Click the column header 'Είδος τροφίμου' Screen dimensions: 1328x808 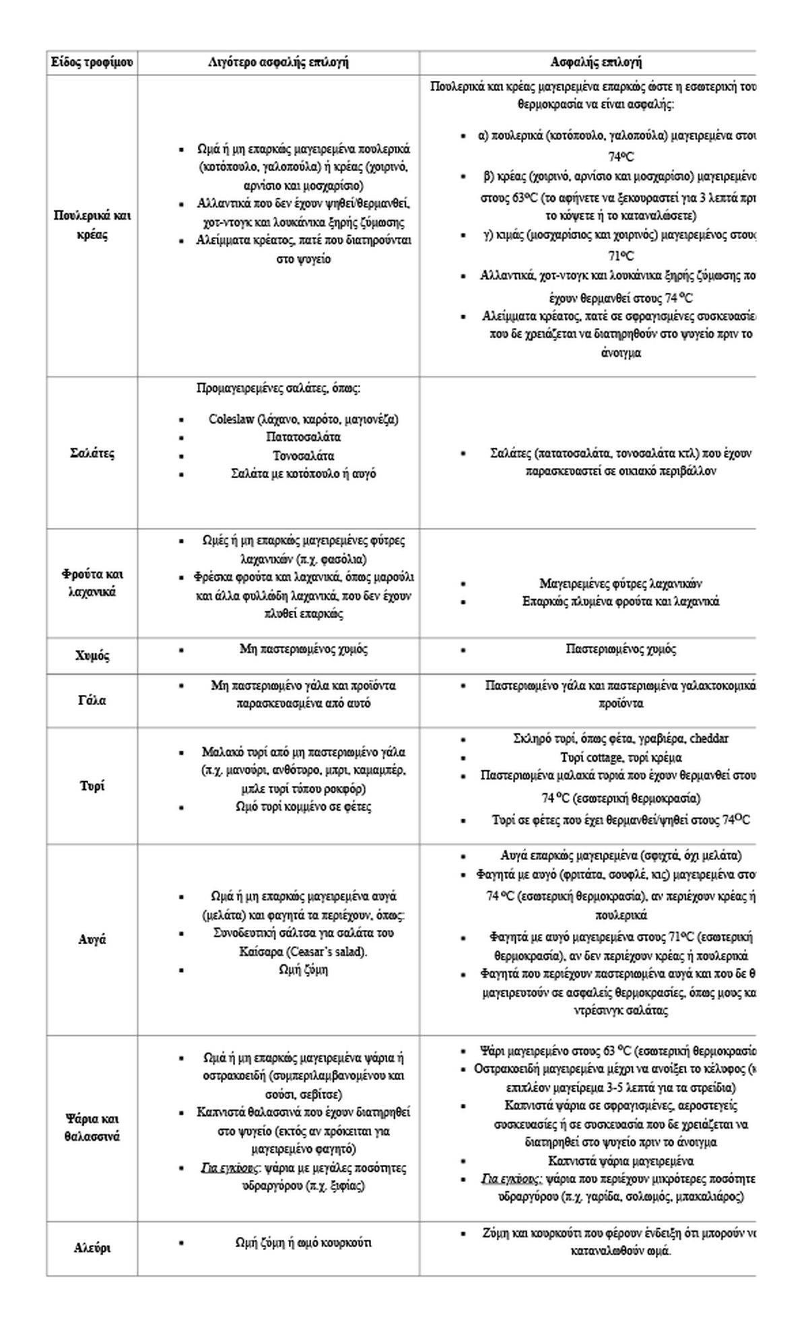92,63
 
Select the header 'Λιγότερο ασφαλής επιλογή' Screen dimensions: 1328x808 278,63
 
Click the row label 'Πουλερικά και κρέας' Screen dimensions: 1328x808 92,226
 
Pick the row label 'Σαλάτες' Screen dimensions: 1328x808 92,453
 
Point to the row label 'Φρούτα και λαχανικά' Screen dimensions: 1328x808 92,583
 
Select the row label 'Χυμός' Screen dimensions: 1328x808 92,656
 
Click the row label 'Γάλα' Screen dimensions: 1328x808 92,700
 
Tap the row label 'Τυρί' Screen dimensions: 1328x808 92,786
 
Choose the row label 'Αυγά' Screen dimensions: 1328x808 92,939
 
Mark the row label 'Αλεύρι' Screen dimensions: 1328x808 92,1248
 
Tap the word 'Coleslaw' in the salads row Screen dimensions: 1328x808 231,419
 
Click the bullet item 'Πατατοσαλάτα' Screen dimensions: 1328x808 304,437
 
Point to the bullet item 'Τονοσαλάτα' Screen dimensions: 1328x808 304,456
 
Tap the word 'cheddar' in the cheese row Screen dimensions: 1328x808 709,738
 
